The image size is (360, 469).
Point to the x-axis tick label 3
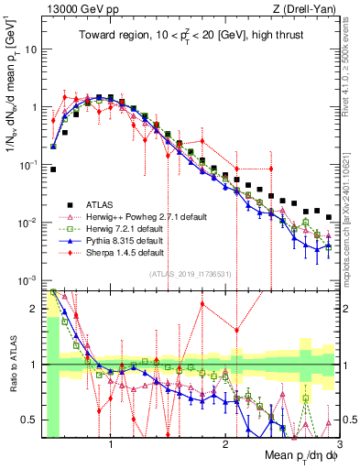click(339, 446)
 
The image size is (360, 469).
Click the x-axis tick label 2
click(225, 446)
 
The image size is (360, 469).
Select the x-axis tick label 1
click(111, 446)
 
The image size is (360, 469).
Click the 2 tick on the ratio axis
click(38, 310)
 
